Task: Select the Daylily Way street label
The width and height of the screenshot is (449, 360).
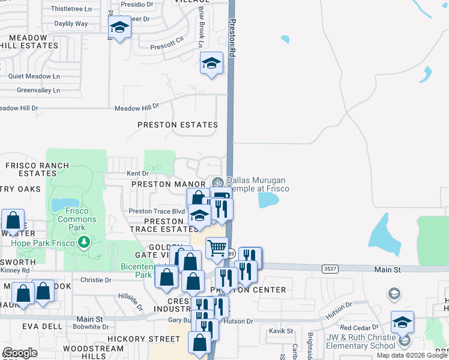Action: (71, 24)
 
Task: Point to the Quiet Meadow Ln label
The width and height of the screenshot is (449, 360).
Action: (34, 76)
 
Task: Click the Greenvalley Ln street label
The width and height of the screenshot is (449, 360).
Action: (38, 91)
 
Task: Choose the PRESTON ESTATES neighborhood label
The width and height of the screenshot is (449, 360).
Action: (178, 125)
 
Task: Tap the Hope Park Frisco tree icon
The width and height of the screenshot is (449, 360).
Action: (84, 242)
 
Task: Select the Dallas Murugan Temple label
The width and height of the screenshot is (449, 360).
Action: (257, 184)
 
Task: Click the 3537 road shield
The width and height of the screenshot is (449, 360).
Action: (330, 269)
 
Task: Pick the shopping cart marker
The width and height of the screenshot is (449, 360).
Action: (217, 247)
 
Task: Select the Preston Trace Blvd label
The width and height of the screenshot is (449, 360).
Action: (157, 211)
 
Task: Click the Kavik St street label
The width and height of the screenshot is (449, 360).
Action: (280, 331)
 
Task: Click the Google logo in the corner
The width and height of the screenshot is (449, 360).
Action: (20, 353)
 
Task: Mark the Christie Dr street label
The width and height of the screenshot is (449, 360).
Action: (92, 280)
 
